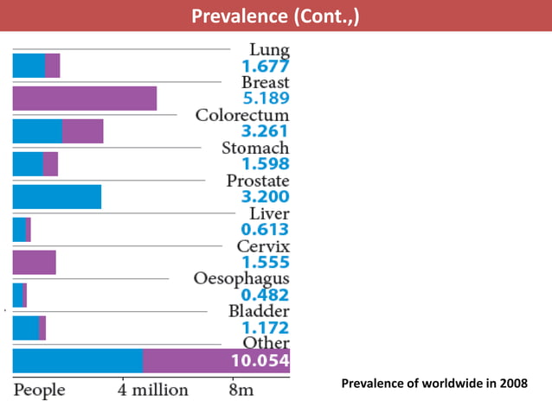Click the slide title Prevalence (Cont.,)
[x=275, y=16]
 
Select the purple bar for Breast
[x=84, y=98]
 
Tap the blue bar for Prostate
[x=56, y=197]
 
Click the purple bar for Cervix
[x=34, y=263]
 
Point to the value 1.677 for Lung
[x=265, y=66]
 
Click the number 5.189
[x=265, y=98]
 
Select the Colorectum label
[x=242, y=115]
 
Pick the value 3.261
[x=265, y=131]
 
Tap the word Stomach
[x=255, y=148]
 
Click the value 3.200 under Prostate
[x=265, y=197]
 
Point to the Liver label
[x=269, y=213]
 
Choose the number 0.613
[x=265, y=230]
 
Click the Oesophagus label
[x=241, y=279]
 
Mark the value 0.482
[x=265, y=295]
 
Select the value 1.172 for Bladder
[x=265, y=328]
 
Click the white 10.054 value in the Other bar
[x=260, y=361]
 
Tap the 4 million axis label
[x=152, y=390]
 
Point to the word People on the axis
[x=39, y=390]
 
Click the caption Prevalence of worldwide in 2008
[x=433, y=383]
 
